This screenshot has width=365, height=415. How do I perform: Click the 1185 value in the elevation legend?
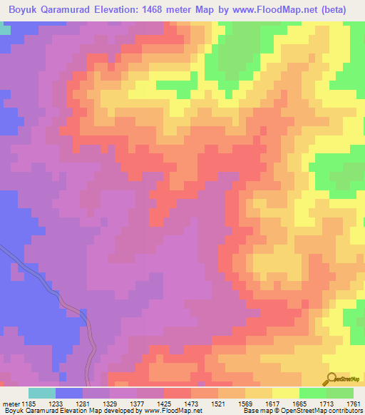pyautogui.click(x=29, y=403)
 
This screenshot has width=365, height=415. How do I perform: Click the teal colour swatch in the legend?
pyautogui.click(x=42, y=393)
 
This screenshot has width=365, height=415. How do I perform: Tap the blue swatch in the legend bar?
pyautogui.click(x=69, y=393)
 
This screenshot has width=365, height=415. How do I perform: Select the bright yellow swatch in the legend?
pyautogui.click(x=286, y=393)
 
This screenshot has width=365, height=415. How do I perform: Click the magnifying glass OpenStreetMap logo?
pyautogui.click(x=332, y=378)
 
